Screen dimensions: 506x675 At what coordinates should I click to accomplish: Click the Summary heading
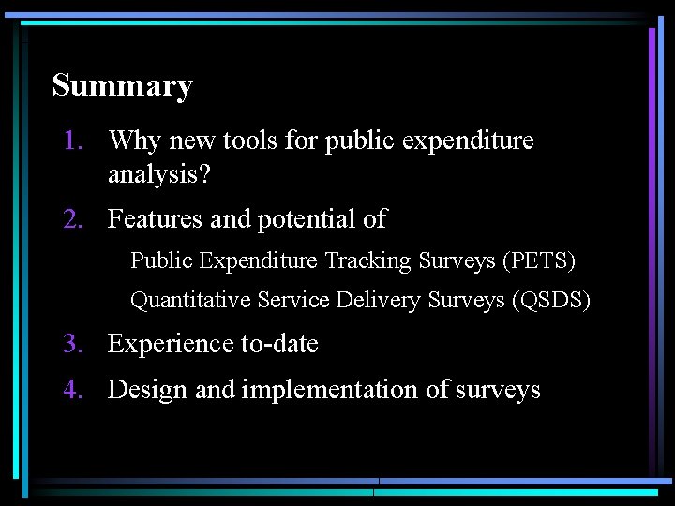coord(122,86)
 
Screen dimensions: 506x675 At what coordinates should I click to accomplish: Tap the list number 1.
coord(72,141)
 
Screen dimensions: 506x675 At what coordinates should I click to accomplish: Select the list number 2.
coord(73,219)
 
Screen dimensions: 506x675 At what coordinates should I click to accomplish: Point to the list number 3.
coord(73,344)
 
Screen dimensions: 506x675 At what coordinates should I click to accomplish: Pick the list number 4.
coord(73,390)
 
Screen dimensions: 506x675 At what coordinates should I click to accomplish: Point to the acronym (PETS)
coord(539,260)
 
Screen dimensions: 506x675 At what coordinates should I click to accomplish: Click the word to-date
coord(279,344)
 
